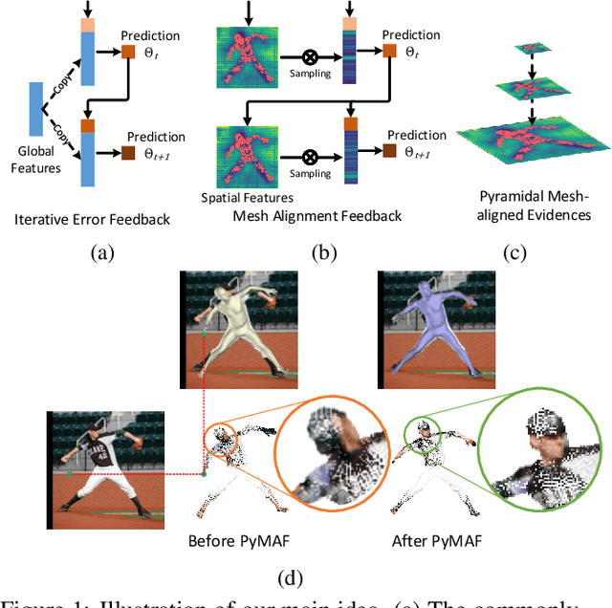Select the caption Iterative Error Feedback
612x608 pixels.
point(93,219)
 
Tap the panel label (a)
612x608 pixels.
point(100,253)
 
